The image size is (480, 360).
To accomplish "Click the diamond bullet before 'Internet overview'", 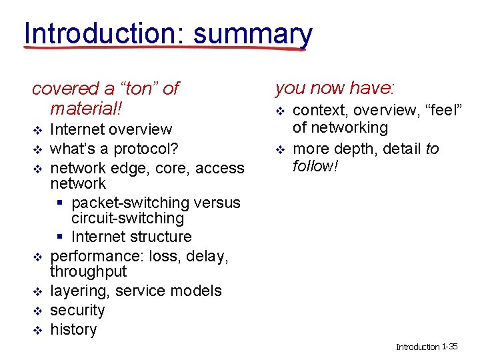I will pyautogui.click(x=37, y=129).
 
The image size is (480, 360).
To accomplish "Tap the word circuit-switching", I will pyautogui.click(x=127, y=218).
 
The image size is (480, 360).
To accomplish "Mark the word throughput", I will pyautogui.click(x=88, y=271).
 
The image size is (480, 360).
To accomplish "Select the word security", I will pyautogui.click(x=77, y=310).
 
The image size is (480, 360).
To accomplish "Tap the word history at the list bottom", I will pyautogui.click(x=73, y=329).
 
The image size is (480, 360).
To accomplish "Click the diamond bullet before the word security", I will pyautogui.click(x=37, y=311).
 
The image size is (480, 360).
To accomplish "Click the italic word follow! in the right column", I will pyautogui.click(x=316, y=165).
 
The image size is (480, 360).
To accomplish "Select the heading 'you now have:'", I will pyautogui.click(x=335, y=87).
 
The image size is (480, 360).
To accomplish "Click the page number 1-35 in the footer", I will pyautogui.click(x=450, y=346).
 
